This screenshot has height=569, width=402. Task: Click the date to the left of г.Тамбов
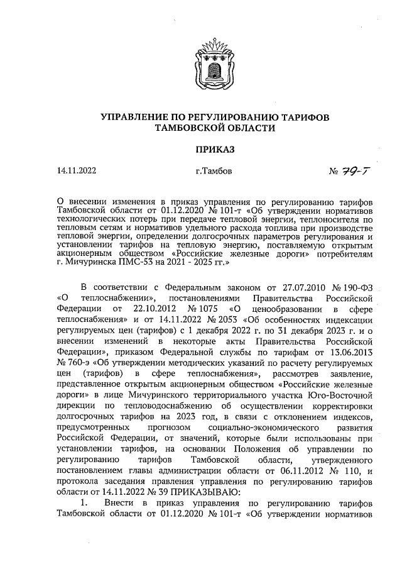pyautogui.click(x=76, y=170)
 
